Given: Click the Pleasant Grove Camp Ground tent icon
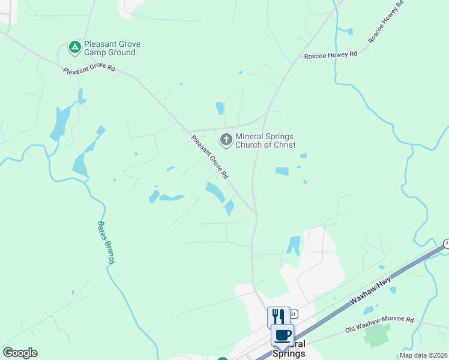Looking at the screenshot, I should coord(74,47).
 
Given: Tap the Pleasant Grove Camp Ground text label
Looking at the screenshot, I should coord(110,48).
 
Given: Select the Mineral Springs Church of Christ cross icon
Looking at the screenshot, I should coord(226,140).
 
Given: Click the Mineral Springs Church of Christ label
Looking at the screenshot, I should coord(265,140).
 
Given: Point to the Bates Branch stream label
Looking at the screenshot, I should coord(106,242).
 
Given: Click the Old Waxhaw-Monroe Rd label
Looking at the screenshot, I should coord(379,325).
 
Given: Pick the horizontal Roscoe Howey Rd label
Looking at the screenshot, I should coord(330,54).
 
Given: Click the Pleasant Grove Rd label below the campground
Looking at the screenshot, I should coord(89,68).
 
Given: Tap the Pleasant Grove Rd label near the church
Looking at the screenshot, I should coord(209,157).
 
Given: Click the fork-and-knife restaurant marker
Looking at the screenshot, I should coord(278,316).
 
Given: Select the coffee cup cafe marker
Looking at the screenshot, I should coord(282,334).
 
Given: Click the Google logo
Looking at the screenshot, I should coord(20,353).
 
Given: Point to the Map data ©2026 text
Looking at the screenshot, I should coord(423,355).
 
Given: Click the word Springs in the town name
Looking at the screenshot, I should coord(289,353).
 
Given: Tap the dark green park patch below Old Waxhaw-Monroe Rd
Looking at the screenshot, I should coord(376,335).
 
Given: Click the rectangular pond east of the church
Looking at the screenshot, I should coord(282,172).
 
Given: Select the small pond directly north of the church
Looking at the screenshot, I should coord(220,109).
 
